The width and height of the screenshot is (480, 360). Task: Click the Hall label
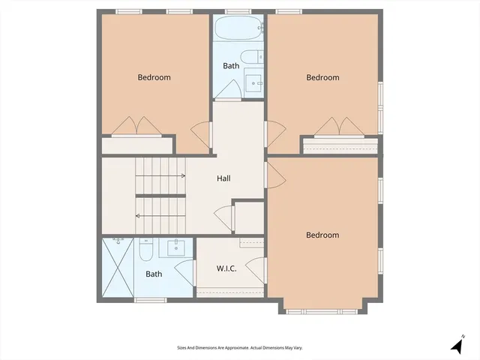[223, 178]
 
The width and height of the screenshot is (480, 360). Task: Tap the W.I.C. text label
[226, 268]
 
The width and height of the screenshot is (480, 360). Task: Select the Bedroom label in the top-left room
[154, 77]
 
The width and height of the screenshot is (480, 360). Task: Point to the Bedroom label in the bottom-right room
[322, 235]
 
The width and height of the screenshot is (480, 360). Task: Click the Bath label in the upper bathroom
[230, 66]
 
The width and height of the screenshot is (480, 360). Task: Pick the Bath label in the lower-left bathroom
[154, 274]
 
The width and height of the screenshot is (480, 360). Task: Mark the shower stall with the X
[118, 268]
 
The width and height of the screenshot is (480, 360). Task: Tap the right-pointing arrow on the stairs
[183, 175]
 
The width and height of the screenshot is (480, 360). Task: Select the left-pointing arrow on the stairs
[138, 216]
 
